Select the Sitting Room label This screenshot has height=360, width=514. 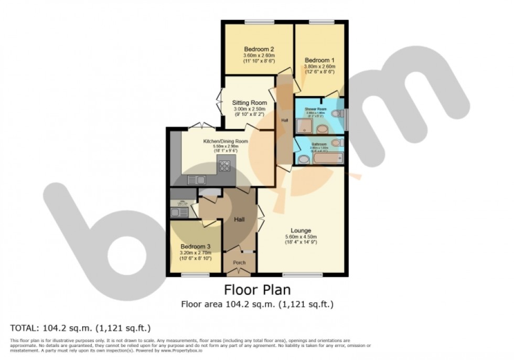click(250, 102)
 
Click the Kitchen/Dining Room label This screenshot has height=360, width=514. click(226, 141)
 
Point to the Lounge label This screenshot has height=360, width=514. click(301, 230)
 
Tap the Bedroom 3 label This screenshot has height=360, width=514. click(195, 247)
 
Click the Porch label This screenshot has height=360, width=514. click(239, 262)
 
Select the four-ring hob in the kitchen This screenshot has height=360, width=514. click(224, 165)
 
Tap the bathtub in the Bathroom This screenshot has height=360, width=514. click(327, 158)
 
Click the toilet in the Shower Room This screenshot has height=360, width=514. click(339, 113)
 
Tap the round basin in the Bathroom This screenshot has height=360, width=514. click(303, 159)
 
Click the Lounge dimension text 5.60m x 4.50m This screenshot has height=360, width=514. click(301, 237)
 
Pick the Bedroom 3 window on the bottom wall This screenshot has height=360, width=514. click(195, 274)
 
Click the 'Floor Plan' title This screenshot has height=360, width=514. click(257, 289)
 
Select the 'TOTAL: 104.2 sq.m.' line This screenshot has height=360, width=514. click(81, 329)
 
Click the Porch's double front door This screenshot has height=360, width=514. click(240, 272)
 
